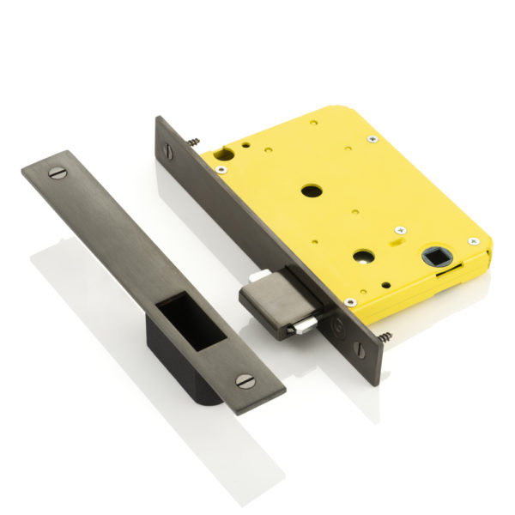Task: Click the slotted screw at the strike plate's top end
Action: coord(58,175)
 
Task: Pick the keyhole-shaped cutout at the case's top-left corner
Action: coord(226,154)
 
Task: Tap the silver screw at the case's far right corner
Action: coord(472,241)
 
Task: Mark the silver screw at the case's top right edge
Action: coord(372,138)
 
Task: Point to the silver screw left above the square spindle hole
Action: coord(399,230)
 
